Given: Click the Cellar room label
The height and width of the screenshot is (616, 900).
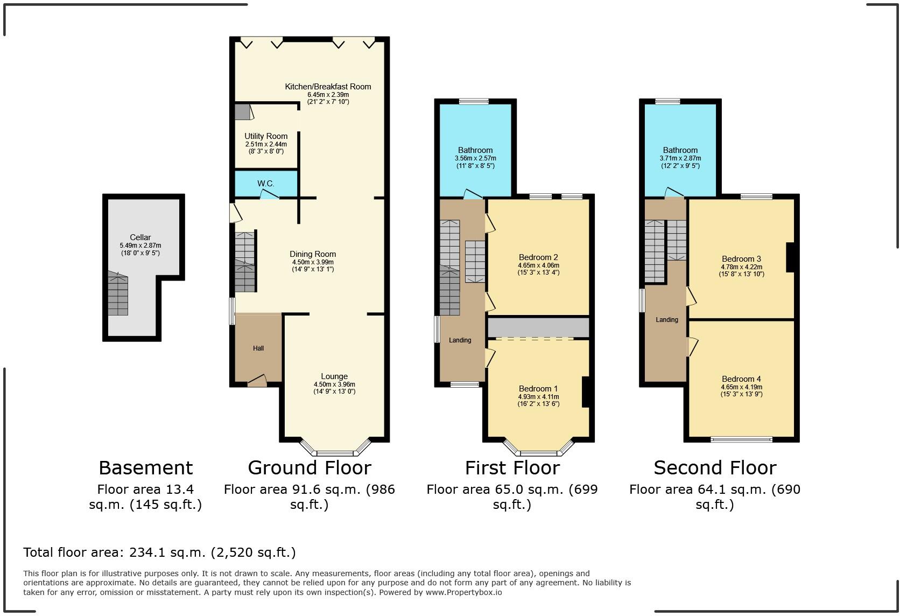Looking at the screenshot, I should tap(140, 237).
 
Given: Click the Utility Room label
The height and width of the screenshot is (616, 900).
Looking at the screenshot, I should tap(266, 136).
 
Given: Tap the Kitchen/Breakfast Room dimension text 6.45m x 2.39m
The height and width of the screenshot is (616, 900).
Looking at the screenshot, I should tap(328, 94).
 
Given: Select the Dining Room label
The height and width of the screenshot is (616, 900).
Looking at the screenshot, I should tap(313, 254).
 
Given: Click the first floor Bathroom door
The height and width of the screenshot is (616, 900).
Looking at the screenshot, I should tap(473, 194).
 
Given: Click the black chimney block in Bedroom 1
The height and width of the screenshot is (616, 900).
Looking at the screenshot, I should tap(587, 392).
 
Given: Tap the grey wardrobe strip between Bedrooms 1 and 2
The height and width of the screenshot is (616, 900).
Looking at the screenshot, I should tap(538, 327).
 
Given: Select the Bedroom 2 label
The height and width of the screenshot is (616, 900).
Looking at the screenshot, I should tap(538, 257).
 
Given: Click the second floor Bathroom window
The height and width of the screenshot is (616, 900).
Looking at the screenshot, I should tap(667, 101).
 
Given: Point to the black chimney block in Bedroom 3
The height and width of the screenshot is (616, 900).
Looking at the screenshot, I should tap(791, 257).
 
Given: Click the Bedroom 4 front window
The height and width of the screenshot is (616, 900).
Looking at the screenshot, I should tap(742, 439).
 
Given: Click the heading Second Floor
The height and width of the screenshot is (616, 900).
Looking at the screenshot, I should tap(715, 468).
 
